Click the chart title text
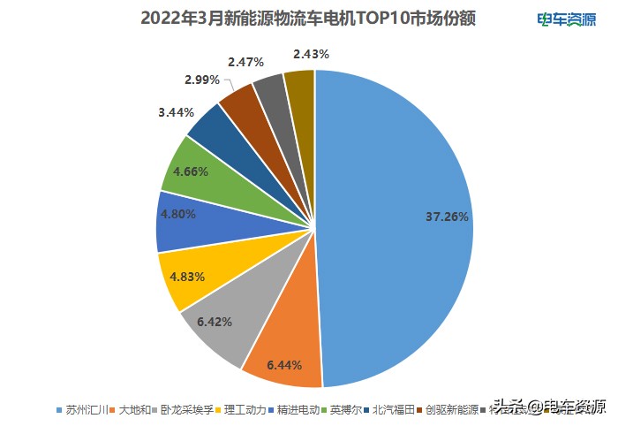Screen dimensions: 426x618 pyautogui.click(x=308, y=19)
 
